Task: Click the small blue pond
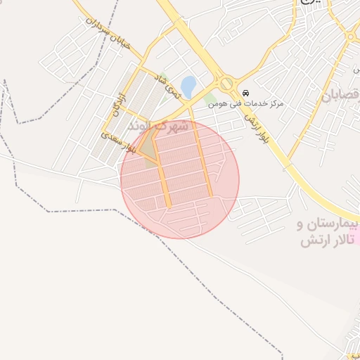click(188, 86)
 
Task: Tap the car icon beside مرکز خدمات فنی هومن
click(245, 94)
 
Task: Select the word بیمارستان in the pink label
click(328, 225)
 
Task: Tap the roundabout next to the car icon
click(226, 84)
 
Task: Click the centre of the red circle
click(180, 179)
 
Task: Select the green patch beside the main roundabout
click(212, 99)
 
